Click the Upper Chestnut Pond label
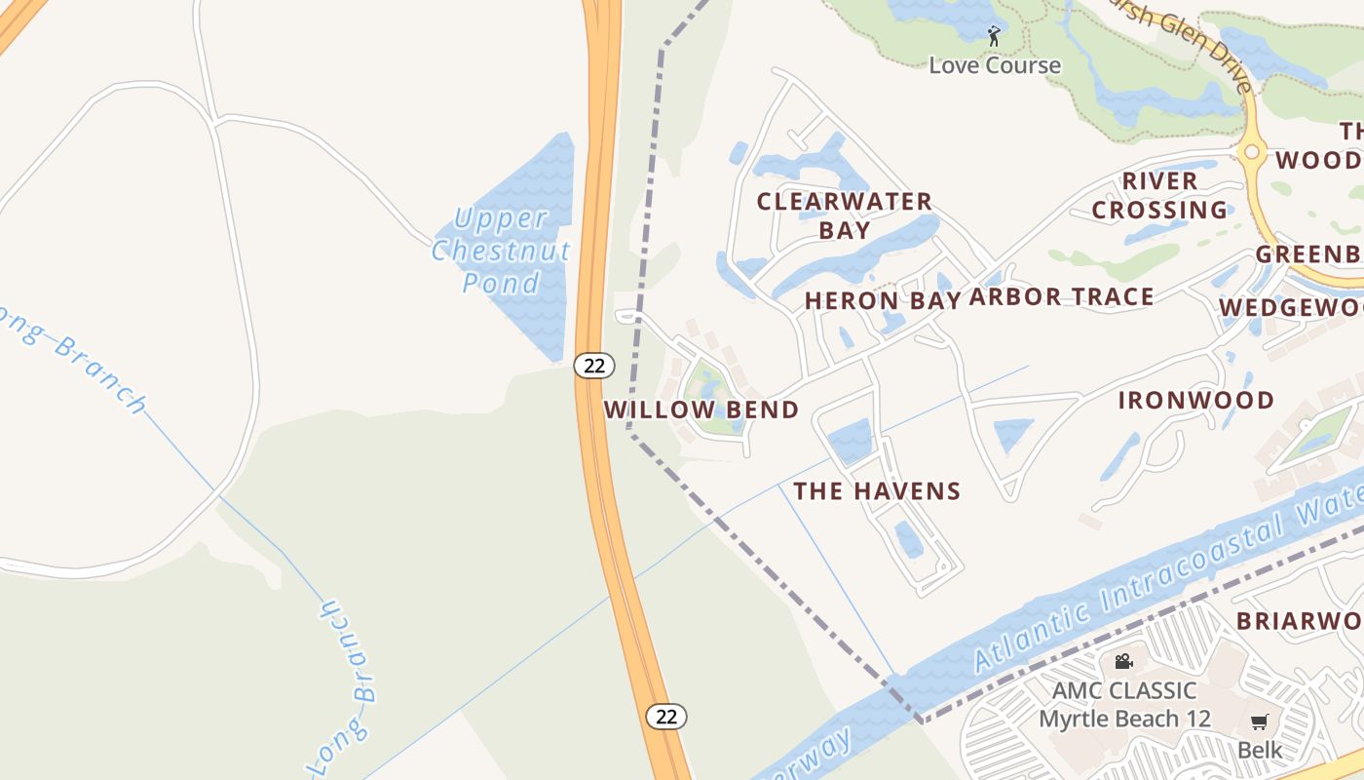(501, 251)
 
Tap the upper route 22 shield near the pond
(593, 366)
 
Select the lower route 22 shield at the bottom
(666, 717)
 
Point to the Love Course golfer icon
(994, 37)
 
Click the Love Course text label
(995, 65)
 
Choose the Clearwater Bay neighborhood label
(845, 215)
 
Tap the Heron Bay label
(883, 300)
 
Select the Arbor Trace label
(1061, 297)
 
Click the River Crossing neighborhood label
(1159, 195)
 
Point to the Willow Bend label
(701, 409)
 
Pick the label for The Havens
(877, 490)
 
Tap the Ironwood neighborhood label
(1195, 400)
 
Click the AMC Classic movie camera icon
(1123, 661)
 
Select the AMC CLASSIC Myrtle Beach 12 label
(1124, 705)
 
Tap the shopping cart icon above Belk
(1260, 722)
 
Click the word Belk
(1260, 750)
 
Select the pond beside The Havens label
(850, 441)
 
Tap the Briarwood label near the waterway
(1299, 621)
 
